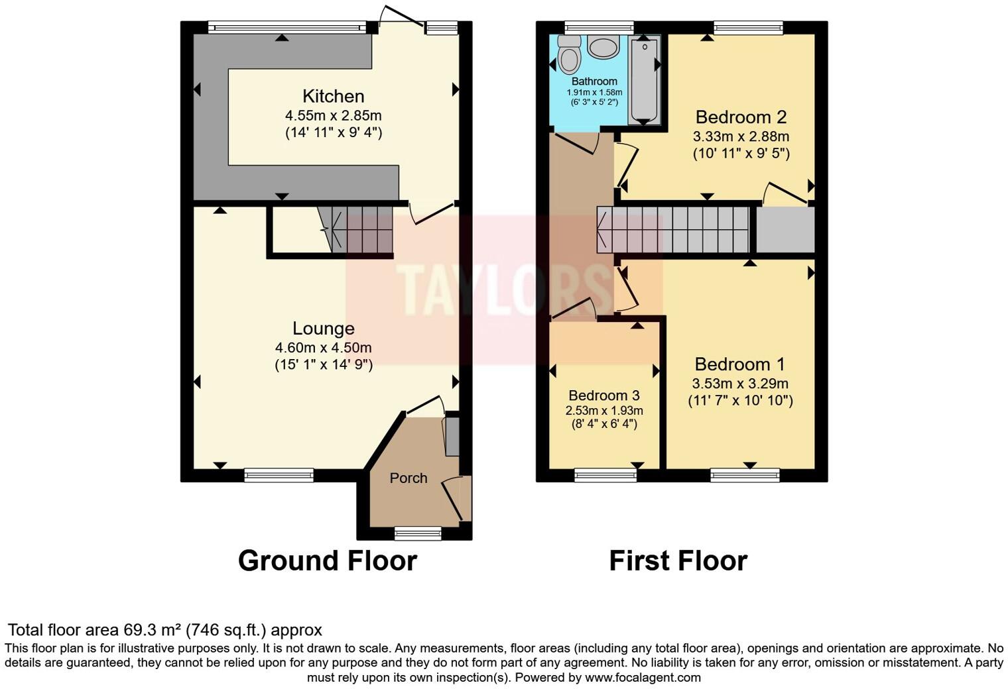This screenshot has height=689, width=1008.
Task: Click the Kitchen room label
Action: click(334, 96)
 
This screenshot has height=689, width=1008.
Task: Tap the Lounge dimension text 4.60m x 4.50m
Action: click(323, 348)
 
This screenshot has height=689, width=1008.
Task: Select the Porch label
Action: click(409, 478)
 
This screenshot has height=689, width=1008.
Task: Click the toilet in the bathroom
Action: click(569, 53)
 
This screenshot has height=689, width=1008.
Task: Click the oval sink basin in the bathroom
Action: click(603, 48)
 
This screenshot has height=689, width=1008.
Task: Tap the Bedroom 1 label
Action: click(739, 364)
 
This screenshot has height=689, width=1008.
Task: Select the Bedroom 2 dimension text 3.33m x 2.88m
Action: click(741, 137)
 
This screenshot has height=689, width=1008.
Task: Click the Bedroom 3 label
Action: click(603, 396)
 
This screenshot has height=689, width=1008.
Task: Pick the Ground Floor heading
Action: click(327, 560)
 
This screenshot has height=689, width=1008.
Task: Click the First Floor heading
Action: click(678, 560)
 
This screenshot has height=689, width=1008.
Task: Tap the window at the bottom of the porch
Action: click(418, 533)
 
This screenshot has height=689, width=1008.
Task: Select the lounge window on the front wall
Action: click(279, 474)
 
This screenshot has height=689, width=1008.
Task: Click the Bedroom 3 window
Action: click(605, 474)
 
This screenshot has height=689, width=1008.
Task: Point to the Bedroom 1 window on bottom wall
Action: click(745, 474)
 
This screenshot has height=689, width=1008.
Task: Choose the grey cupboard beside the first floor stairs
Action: click(785, 230)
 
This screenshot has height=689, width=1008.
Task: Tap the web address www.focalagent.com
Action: click(643, 678)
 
